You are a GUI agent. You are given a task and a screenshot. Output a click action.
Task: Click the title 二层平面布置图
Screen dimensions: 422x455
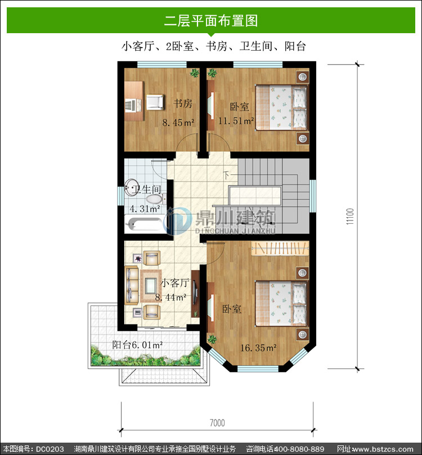(211, 21)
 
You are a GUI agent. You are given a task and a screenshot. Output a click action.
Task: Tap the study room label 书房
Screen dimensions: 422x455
(183, 103)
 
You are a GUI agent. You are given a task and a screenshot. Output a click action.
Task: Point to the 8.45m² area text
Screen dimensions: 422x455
(178, 123)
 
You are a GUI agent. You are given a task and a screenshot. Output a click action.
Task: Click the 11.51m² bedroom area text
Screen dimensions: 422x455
(236, 120)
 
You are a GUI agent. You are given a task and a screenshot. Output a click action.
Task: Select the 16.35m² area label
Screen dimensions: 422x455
(258, 348)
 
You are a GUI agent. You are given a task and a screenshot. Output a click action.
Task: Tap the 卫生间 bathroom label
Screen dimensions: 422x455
(146, 190)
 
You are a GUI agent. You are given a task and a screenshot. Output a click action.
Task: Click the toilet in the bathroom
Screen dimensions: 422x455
(155, 199)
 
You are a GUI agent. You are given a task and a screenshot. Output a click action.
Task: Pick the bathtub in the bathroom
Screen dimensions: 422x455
(144, 224)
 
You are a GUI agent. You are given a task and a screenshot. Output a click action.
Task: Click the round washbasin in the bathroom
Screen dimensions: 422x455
(131, 187)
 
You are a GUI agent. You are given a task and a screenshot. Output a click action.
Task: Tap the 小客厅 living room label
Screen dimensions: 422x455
(175, 283)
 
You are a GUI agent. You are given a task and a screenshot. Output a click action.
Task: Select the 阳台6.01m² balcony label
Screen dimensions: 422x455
(137, 345)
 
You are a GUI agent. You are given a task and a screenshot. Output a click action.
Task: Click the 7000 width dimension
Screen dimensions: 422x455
(217, 423)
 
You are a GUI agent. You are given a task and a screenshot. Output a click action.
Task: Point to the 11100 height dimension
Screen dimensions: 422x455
(350, 216)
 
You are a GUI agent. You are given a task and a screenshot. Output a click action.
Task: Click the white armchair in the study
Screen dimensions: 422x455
(155, 102)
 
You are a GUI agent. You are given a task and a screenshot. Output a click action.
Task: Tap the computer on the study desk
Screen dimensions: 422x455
(131, 105)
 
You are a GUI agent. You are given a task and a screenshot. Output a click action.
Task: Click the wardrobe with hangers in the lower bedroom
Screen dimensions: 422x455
(280, 249)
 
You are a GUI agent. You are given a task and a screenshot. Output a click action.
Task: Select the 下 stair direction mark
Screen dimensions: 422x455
(226, 175)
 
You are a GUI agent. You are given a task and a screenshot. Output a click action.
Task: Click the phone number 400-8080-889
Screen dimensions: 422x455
(299, 449)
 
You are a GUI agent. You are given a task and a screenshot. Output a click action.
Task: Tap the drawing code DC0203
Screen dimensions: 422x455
(50, 449)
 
